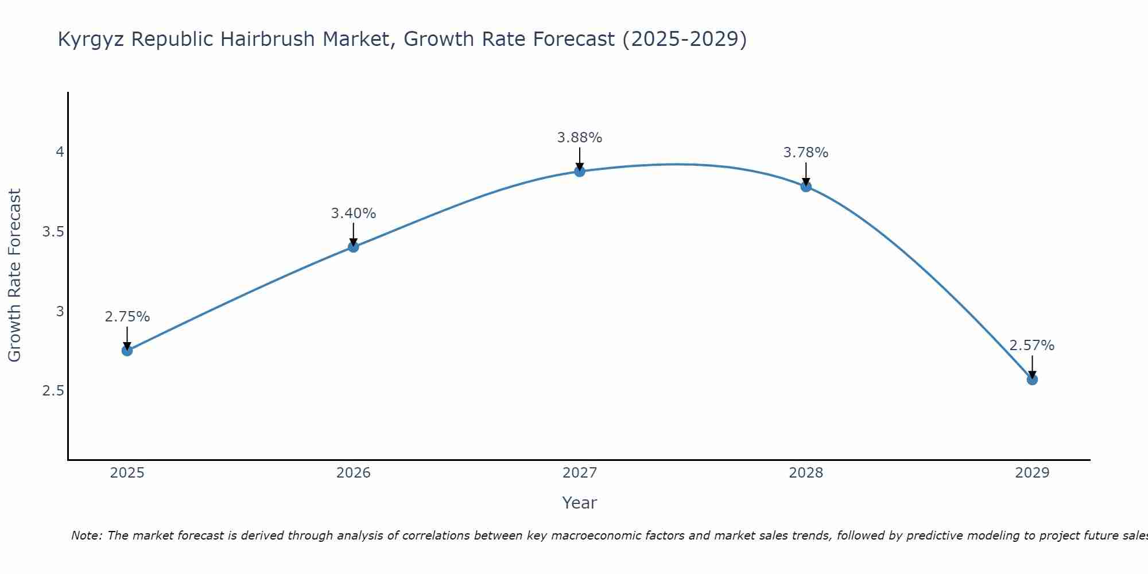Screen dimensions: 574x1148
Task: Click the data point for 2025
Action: point(127,351)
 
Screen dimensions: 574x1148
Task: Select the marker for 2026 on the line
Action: point(354,247)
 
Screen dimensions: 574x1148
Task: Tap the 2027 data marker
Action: point(580,171)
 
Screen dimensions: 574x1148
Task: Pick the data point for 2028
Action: point(806,186)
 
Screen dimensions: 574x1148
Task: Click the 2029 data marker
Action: point(1032,379)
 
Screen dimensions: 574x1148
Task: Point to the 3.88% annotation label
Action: point(580,138)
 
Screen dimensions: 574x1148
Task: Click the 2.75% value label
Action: point(127,317)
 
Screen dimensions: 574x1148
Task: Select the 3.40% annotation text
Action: point(354,214)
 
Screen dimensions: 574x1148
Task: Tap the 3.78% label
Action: point(806,153)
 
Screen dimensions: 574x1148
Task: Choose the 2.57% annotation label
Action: point(1032,346)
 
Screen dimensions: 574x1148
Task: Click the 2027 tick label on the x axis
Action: point(580,473)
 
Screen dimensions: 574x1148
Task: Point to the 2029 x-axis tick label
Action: point(1032,473)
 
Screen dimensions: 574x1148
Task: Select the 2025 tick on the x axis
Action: point(127,473)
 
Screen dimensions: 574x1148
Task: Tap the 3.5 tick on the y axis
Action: point(53,232)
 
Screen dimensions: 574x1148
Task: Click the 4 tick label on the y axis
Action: point(60,152)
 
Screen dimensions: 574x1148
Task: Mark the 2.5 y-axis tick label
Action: point(53,391)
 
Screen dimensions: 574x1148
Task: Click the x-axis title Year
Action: point(580,503)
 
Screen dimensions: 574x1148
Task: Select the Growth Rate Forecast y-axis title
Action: point(15,276)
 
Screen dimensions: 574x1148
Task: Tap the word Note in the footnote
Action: point(86,536)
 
